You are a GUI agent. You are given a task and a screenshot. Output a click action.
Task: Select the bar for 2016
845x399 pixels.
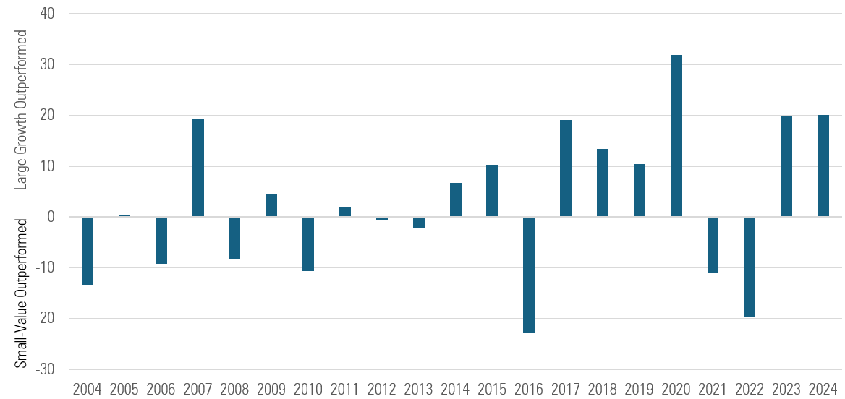click(529, 275)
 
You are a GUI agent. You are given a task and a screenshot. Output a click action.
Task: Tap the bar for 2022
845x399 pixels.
click(750, 267)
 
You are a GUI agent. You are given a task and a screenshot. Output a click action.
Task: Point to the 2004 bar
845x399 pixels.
click(88, 251)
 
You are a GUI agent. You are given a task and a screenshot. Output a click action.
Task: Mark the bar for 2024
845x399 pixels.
click(823, 166)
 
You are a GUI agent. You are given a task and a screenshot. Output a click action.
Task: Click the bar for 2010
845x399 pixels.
click(308, 244)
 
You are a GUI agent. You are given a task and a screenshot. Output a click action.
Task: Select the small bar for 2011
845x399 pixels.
click(345, 212)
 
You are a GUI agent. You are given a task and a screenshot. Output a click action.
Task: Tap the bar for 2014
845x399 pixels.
click(456, 200)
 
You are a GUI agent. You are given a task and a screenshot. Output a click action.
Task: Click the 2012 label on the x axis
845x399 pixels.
click(381, 389)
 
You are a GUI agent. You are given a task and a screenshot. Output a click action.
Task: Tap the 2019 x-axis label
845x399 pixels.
click(639, 389)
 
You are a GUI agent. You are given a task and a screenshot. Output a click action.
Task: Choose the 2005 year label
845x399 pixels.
click(124, 389)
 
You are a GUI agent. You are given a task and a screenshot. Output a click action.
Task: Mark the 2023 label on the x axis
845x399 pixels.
click(786, 389)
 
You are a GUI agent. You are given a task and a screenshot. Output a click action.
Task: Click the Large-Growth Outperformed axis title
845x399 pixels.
click(22, 110)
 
